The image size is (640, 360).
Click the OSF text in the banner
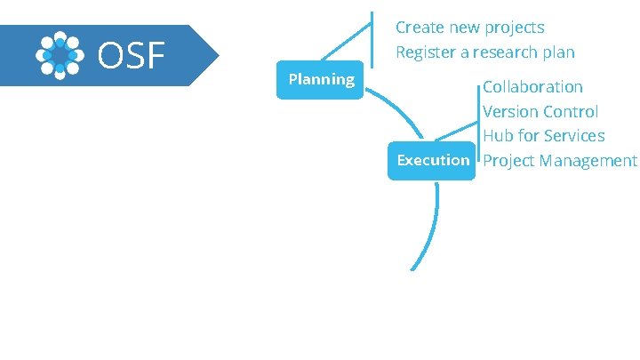(x=132, y=55)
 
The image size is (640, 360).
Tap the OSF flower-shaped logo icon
(x=60, y=55)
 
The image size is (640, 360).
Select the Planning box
(x=321, y=80)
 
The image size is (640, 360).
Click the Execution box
(x=433, y=160)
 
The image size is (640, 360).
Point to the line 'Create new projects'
(x=469, y=28)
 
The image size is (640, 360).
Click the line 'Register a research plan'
(x=484, y=52)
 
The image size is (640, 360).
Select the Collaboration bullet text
(x=532, y=87)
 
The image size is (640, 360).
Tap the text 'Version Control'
(x=540, y=112)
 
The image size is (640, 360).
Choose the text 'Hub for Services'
(x=543, y=136)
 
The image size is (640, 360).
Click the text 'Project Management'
(x=559, y=161)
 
